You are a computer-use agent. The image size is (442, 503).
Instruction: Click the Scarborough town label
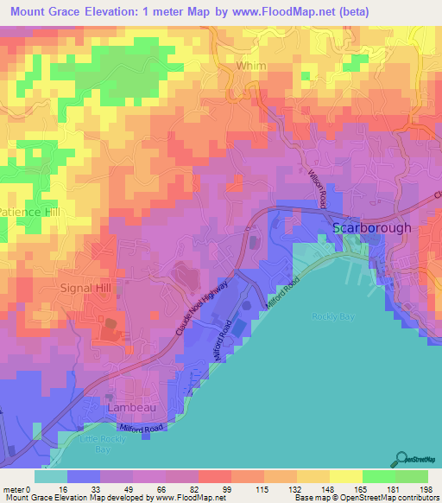click(x=372, y=228)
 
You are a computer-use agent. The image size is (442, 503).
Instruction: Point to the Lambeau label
click(x=126, y=405)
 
